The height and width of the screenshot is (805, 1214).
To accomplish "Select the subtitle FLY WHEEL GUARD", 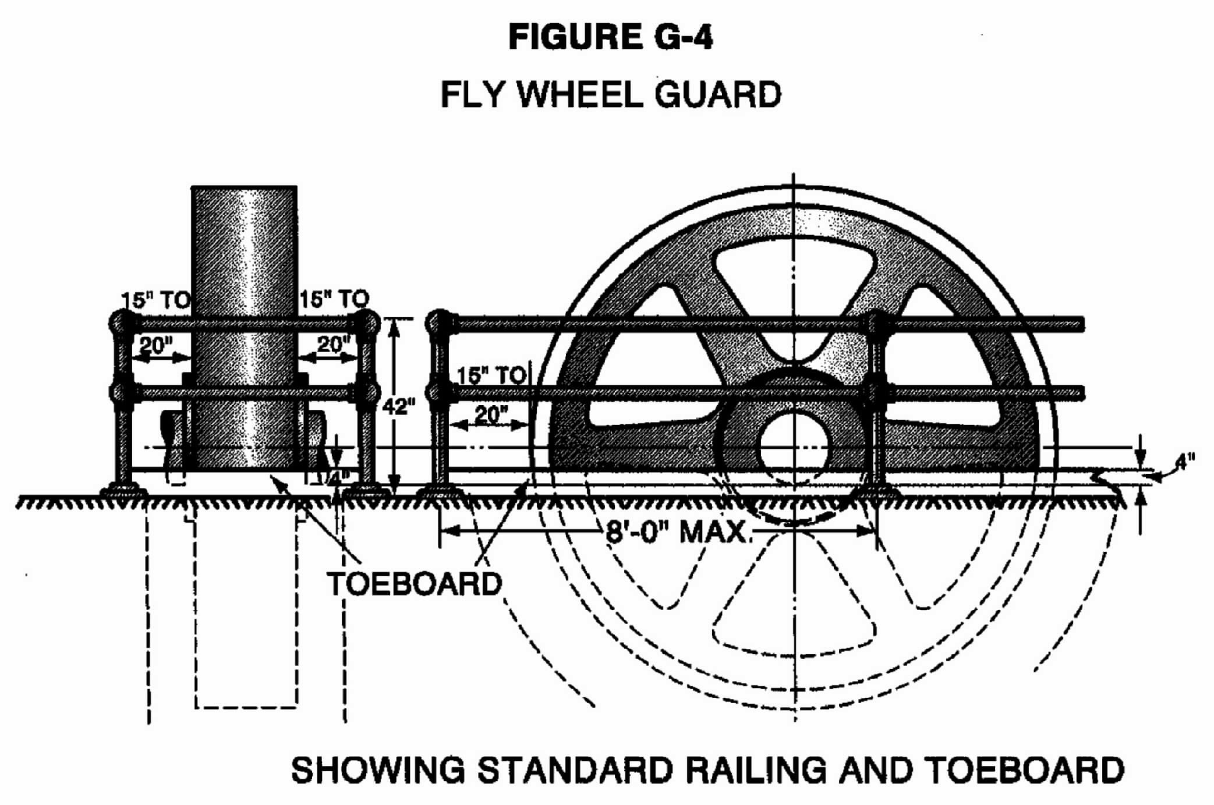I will click(610, 94).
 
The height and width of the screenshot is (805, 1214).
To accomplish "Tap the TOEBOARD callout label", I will click(415, 583).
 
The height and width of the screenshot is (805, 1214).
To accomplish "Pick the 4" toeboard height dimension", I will click(1184, 462).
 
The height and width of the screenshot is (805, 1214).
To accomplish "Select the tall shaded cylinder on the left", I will click(245, 326).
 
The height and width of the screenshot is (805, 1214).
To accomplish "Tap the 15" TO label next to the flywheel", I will click(492, 376).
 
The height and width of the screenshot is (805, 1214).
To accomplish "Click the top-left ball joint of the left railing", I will click(123, 322).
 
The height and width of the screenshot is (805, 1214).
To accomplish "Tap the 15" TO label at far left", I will click(155, 300).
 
